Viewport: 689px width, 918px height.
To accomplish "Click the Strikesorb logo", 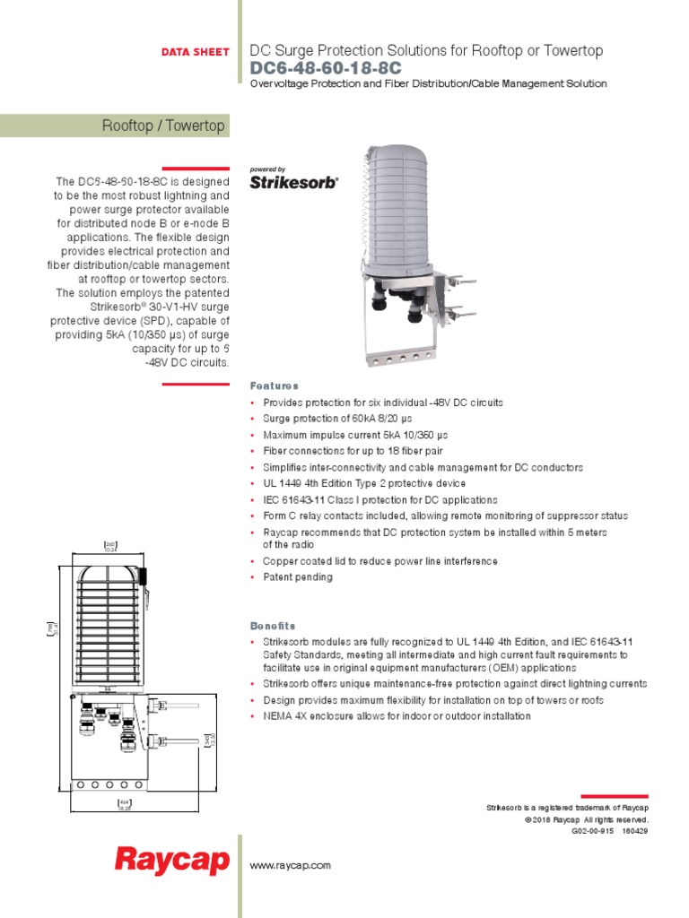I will [293, 182].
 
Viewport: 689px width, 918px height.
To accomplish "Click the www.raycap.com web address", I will [291, 865].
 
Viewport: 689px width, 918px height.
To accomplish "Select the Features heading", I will [275, 385].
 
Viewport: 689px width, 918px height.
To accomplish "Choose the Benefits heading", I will [273, 626].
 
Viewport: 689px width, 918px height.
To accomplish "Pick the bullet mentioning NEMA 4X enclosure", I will [397, 716].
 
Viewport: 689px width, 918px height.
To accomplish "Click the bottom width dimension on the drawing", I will [125, 805].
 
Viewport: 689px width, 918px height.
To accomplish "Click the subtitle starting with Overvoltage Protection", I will [428, 84].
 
